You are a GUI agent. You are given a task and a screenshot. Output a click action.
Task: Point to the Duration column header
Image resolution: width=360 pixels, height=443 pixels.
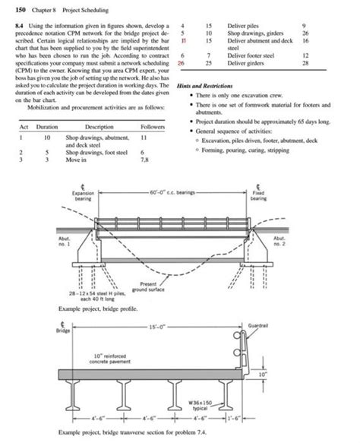click(x=47, y=127)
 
